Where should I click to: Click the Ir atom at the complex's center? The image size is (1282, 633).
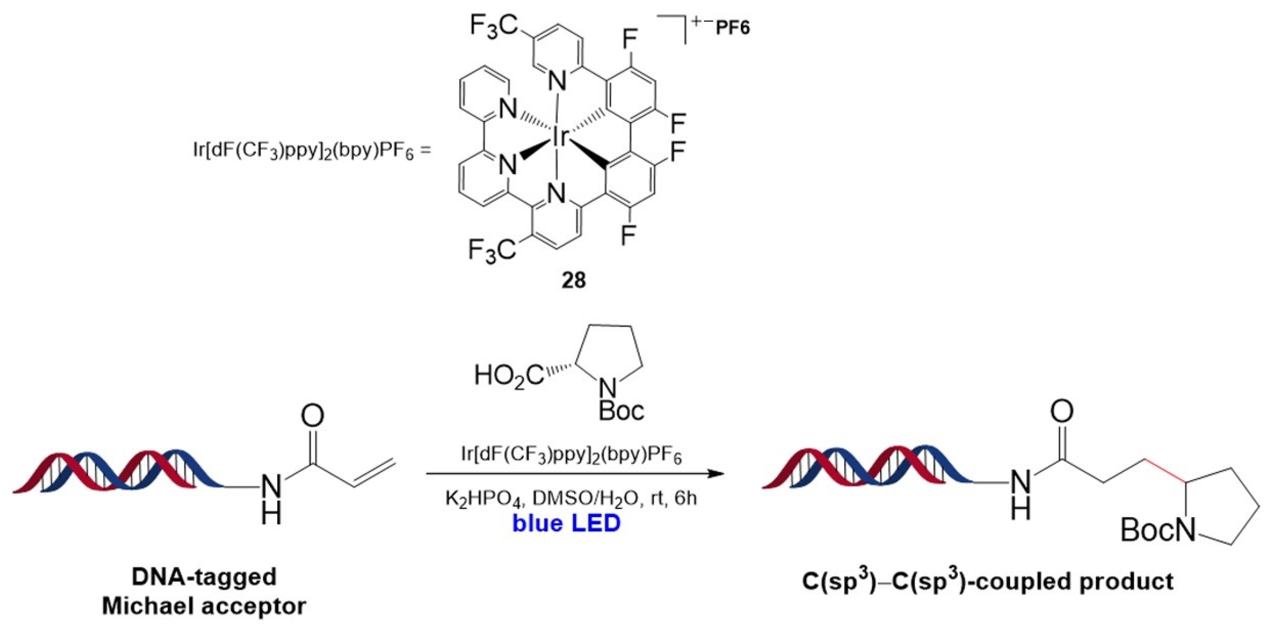(x=559, y=136)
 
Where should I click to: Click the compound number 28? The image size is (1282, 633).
(x=573, y=281)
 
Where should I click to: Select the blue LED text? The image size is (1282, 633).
(x=567, y=523)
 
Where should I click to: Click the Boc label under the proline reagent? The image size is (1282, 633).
(x=621, y=410)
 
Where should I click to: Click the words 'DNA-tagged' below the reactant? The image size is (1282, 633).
(x=204, y=577)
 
